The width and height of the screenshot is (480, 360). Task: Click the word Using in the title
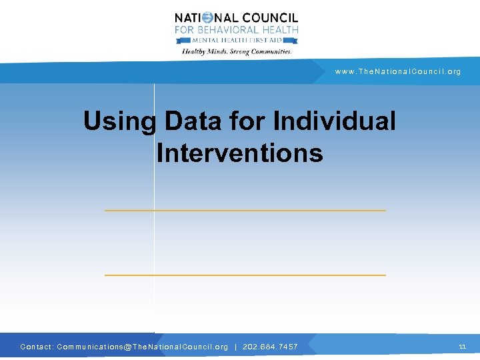click(x=119, y=121)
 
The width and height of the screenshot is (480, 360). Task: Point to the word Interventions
click(x=240, y=153)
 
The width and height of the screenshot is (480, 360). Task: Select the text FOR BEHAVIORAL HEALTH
click(x=237, y=29)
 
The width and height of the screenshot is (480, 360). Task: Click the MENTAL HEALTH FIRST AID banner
click(x=237, y=39)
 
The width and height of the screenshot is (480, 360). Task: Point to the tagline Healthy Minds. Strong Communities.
click(x=237, y=51)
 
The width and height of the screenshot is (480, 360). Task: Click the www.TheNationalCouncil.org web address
click(x=398, y=71)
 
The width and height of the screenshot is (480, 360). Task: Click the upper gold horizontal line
click(x=245, y=211)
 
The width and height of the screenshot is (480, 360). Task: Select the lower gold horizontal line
click(x=245, y=275)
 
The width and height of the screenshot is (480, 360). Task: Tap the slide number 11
click(x=463, y=346)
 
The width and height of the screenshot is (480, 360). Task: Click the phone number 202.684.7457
click(x=269, y=347)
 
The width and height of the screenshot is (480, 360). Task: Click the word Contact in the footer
click(x=35, y=347)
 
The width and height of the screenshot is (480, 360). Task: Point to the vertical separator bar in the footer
click(x=235, y=347)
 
